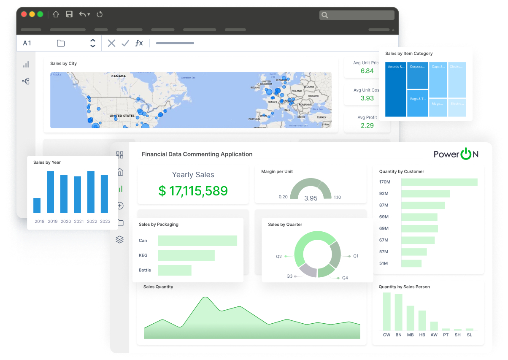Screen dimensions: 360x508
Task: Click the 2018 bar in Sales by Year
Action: (x=37, y=206)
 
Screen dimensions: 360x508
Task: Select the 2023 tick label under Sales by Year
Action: (x=105, y=222)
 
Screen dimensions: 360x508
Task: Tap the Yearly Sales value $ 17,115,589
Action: (x=193, y=191)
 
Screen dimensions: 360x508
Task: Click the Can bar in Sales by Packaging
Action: (x=197, y=241)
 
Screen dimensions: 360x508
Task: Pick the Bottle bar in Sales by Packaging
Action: (x=175, y=270)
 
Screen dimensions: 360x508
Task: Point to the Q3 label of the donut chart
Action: (x=289, y=276)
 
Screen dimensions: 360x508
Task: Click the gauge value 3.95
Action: (x=311, y=198)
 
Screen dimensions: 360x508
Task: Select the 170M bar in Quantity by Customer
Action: (x=439, y=182)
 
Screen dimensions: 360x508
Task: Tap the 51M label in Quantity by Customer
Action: (x=384, y=263)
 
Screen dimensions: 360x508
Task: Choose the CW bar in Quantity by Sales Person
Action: (x=386, y=311)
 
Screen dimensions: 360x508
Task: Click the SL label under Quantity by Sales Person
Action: (x=470, y=335)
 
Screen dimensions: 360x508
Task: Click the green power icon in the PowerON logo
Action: (x=466, y=154)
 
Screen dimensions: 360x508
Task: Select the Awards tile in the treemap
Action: (x=396, y=89)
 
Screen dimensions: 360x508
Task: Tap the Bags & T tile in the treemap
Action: (x=418, y=103)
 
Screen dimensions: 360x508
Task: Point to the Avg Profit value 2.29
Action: (x=367, y=125)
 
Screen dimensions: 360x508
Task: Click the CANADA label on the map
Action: (x=119, y=76)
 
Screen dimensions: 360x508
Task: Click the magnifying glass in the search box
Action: (x=324, y=15)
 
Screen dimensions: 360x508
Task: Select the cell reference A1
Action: (x=27, y=43)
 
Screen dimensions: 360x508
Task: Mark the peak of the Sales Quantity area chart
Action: (x=205, y=298)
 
